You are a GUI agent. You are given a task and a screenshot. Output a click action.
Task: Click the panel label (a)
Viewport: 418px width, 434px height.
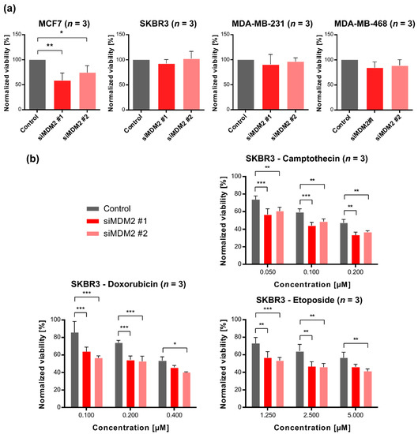[x=11, y=9]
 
